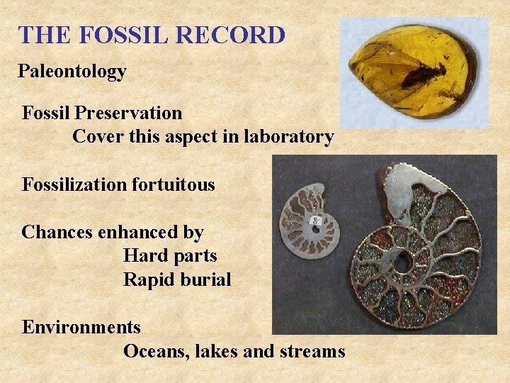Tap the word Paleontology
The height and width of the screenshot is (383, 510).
tap(72, 72)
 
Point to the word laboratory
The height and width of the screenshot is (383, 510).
tap(288, 137)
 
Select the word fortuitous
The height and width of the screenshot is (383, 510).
tap(173, 185)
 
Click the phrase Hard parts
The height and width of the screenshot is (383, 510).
tap(170, 255)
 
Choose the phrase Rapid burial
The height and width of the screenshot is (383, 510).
tap(177, 279)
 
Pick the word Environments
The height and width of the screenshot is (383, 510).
tap(81, 328)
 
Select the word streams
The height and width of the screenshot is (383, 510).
tap(314, 351)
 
